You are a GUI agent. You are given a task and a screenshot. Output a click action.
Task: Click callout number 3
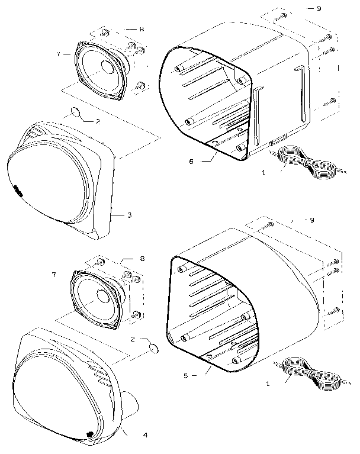pos(128,215)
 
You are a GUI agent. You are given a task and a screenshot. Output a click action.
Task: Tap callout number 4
pos(145,435)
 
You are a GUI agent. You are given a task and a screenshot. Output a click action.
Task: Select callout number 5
pos(187,375)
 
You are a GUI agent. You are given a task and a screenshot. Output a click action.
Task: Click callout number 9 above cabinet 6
pos(319,8)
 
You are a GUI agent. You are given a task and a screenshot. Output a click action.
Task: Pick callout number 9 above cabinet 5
pos(312,220)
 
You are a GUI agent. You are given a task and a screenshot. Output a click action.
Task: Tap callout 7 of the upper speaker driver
pos(58,54)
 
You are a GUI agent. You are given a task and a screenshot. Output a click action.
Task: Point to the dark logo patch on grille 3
pos(17,191)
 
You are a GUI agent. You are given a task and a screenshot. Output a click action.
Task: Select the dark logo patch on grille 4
pos(89,433)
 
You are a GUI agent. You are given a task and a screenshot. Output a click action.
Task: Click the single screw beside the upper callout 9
pos(281,15)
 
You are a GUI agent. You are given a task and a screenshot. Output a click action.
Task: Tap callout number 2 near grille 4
pos(133,339)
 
